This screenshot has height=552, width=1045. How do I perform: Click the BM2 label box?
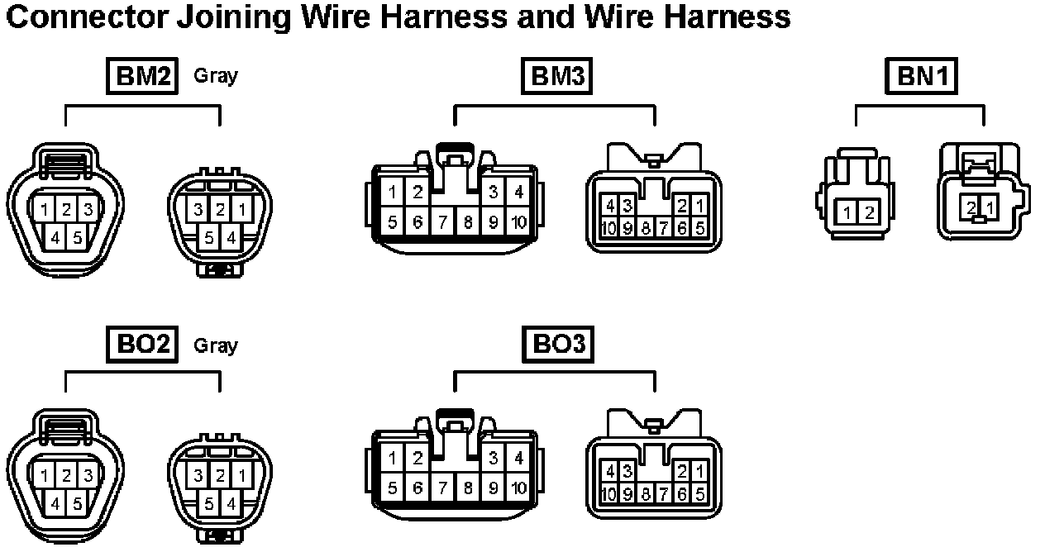click(142, 77)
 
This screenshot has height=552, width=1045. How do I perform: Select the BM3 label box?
click(558, 77)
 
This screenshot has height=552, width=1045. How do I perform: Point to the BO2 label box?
click(142, 345)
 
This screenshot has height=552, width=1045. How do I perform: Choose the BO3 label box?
click(558, 345)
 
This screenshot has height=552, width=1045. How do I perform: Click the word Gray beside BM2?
click(215, 76)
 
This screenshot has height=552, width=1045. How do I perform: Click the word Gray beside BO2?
click(215, 345)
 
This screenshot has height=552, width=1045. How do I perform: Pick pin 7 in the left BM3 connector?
click(443, 221)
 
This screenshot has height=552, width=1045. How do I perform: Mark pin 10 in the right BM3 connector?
click(609, 228)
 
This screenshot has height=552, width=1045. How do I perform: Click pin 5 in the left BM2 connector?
click(76, 239)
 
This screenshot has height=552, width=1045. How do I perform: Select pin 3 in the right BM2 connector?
click(198, 210)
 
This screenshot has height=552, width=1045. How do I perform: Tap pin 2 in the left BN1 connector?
click(869, 213)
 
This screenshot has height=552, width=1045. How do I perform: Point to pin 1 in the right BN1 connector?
click(990, 207)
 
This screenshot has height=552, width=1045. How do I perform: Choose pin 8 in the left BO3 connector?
click(468, 488)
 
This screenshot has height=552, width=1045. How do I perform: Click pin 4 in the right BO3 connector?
click(609, 471)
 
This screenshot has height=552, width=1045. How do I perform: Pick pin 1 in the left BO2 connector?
click(45, 477)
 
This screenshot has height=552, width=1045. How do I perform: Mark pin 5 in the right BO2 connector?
click(209, 503)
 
